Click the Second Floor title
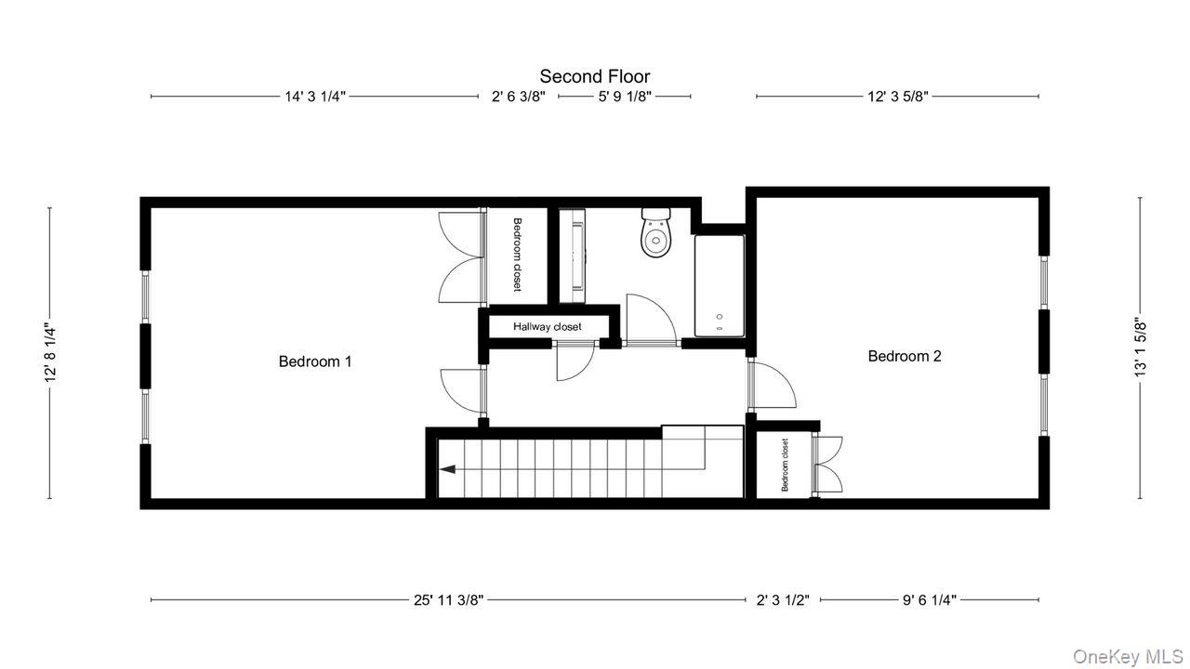(x=595, y=76)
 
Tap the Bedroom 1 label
(x=315, y=361)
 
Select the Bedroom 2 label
(x=905, y=356)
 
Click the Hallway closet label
(x=548, y=327)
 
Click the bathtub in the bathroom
(x=720, y=286)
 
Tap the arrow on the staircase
(x=447, y=469)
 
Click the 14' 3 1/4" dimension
(x=315, y=96)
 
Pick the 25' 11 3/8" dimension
(x=448, y=600)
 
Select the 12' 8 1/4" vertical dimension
(x=50, y=353)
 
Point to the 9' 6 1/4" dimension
(x=929, y=600)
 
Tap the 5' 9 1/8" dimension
(x=625, y=96)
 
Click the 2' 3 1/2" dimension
(x=782, y=600)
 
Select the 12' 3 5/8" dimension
(x=897, y=96)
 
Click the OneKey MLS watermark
(x=1128, y=657)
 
